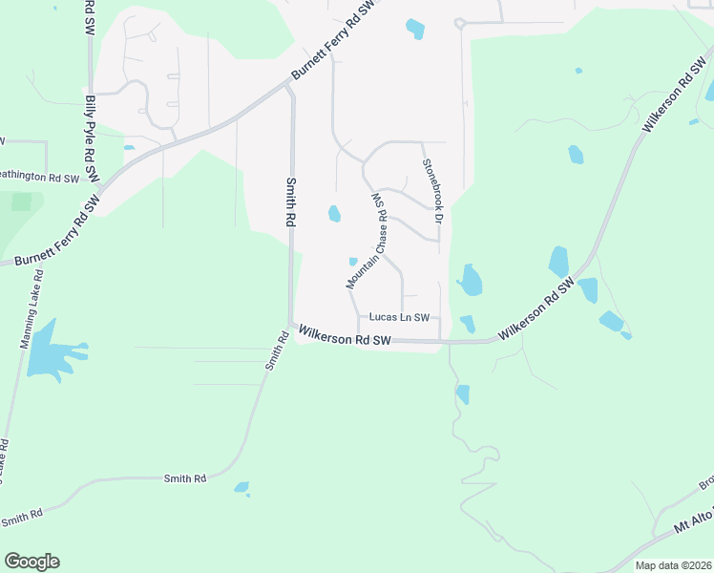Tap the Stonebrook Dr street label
pos(433,192)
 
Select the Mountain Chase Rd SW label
pos(367,240)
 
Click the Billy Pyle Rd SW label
pos(92,138)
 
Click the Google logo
pos(31,562)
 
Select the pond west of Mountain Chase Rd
pos(334,214)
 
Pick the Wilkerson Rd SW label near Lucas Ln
pos(345,336)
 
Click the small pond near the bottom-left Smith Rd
pos(241,488)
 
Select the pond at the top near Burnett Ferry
pos(415,29)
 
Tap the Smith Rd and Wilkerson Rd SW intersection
pos(291,325)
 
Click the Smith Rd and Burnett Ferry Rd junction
pos(288,86)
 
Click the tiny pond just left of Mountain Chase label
pos(353,262)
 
